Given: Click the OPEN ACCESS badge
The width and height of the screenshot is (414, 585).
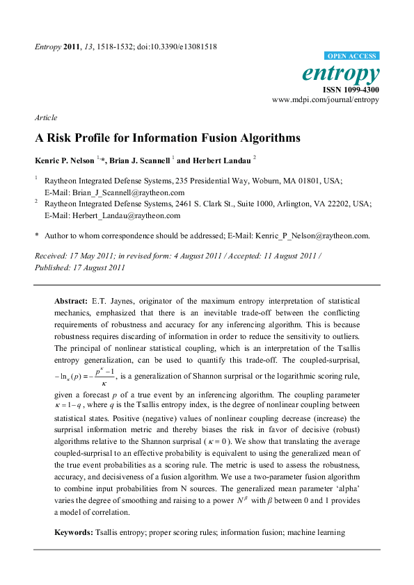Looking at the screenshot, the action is point(352,56).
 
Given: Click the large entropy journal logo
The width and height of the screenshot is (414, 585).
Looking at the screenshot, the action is point(341,74).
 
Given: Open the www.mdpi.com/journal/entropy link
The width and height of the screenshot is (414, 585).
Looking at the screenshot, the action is point(326,100).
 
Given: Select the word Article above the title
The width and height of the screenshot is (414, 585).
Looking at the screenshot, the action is point(46,117).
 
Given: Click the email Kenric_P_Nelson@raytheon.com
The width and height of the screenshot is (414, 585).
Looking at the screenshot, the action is point(308,236).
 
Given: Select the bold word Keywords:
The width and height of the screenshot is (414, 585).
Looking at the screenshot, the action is point(73,533).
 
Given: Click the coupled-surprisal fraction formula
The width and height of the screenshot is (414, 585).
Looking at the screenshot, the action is point(85,376).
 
